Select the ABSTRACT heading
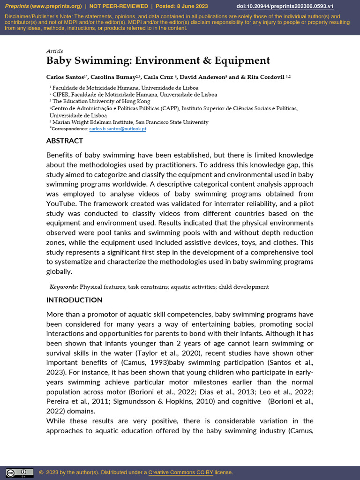[65, 141]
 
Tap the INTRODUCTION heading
[74, 300]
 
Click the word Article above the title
[54, 51]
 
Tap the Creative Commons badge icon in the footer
[19, 472]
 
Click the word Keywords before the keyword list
[64, 287]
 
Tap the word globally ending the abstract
[59, 272]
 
